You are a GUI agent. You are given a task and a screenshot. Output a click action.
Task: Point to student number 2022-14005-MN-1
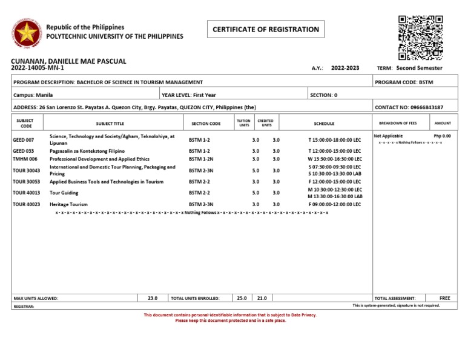[38, 68]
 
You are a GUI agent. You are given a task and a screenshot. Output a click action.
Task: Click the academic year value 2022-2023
[346, 68]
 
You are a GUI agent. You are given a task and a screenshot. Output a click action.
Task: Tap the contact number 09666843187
[409, 107]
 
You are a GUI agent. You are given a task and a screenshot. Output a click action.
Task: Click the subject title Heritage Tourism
[68, 205]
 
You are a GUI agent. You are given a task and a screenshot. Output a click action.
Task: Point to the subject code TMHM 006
[25, 158]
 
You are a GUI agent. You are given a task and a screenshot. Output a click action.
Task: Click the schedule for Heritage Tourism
[334, 205]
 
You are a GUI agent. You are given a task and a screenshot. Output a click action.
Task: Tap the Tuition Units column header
[244, 123]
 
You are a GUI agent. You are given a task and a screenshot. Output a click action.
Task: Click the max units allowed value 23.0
[152, 298]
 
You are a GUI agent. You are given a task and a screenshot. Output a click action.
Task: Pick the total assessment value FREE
[445, 298]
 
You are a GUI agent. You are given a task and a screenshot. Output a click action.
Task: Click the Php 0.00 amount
[442, 136]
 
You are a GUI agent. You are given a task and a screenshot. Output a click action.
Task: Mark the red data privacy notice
[230, 318]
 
